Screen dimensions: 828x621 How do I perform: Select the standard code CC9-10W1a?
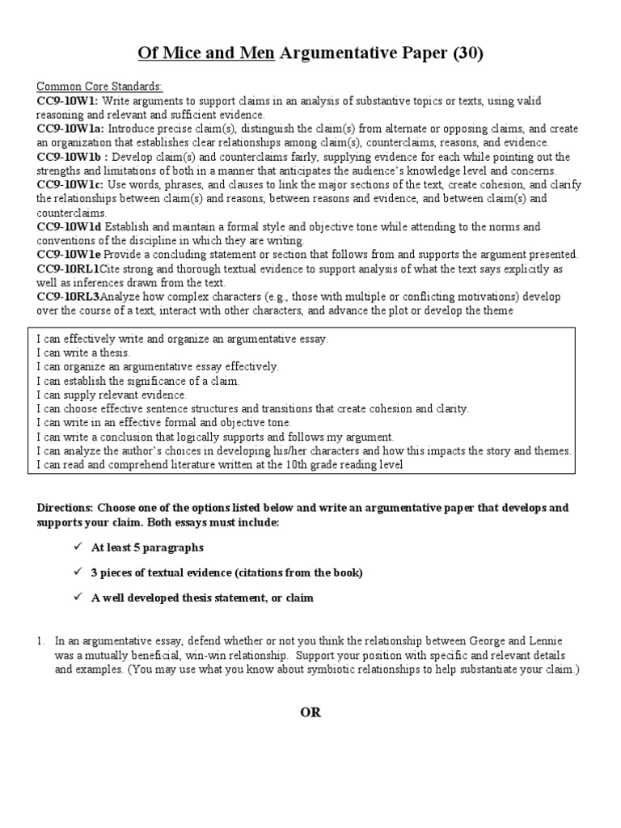[x=71, y=128]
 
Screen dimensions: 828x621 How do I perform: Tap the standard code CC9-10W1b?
[x=70, y=156]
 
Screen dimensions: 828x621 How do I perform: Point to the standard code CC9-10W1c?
[x=71, y=184]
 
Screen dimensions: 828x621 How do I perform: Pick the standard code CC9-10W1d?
[x=70, y=226]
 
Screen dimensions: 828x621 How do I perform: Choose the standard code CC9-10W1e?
[x=70, y=255]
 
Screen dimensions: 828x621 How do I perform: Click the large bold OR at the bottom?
[x=310, y=712]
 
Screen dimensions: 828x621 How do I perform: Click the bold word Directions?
[x=65, y=508]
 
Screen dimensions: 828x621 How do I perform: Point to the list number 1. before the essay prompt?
[x=40, y=640]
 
